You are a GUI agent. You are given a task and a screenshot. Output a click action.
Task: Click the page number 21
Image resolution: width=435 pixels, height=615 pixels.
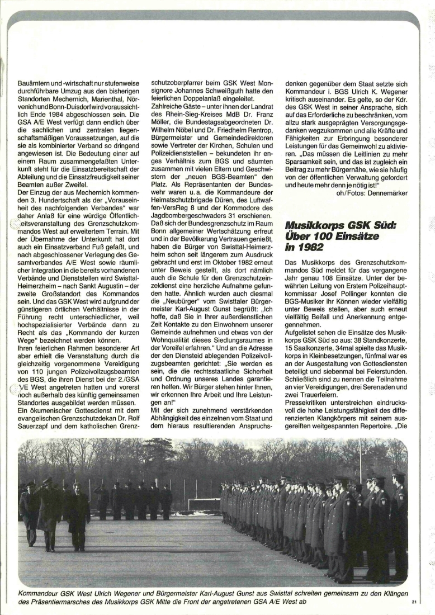click(414, 602)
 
